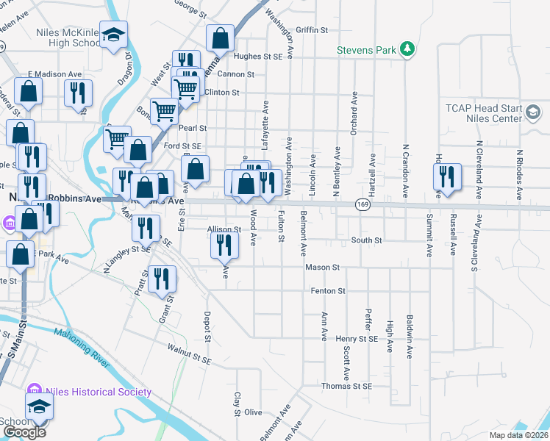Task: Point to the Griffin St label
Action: [x=311, y=30]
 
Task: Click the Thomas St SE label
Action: [x=346, y=386]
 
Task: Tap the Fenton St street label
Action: [x=328, y=291]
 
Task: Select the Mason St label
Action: [x=323, y=268]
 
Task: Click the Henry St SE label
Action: [x=356, y=339]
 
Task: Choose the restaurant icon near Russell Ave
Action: [x=449, y=176]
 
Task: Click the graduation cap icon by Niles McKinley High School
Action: [x=114, y=35]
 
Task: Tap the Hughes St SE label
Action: [x=258, y=56]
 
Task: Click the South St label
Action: [x=366, y=240]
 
